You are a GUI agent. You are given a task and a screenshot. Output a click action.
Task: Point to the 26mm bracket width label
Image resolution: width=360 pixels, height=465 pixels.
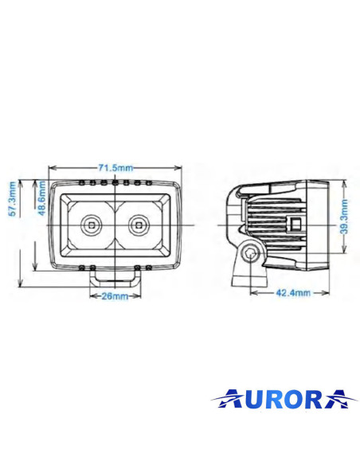[x=115, y=296]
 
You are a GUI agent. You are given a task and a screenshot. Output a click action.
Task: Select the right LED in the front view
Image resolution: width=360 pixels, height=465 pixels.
[x=140, y=225]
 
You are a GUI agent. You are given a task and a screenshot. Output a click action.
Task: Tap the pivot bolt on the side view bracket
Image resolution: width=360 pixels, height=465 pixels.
[x=252, y=254]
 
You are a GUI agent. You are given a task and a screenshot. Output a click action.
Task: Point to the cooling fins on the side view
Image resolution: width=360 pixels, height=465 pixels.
[x=275, y=219]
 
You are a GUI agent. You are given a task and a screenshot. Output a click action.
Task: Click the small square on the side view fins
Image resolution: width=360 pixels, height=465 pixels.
[x=295, y=224]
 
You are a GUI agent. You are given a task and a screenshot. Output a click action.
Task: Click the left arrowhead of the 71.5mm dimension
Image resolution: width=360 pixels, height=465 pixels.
[x=52, y=168]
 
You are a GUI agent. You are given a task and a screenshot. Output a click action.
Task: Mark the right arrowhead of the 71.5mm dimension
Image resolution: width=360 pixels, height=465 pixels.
[x=179, y=168]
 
